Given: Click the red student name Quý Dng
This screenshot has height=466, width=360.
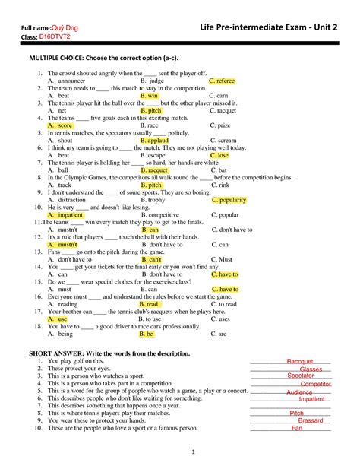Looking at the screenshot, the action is click(x=77, y=28).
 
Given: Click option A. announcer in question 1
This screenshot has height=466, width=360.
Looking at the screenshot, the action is click(x=66, y=81).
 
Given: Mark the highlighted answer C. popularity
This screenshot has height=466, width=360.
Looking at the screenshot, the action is click(x=230, y=200).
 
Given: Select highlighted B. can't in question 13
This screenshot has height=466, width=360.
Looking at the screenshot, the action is click(x=153, y=259).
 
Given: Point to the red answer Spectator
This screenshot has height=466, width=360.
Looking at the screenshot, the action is click(x=301, y=376).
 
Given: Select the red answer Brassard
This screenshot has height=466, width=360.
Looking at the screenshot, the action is click(x=311, y=420).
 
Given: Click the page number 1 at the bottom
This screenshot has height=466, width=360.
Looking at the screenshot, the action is click(x=194, y=453).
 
